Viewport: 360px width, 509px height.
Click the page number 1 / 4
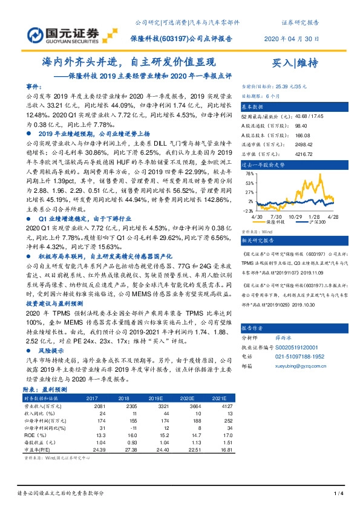pos(338,494)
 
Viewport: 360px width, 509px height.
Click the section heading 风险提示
pos(51,350)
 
